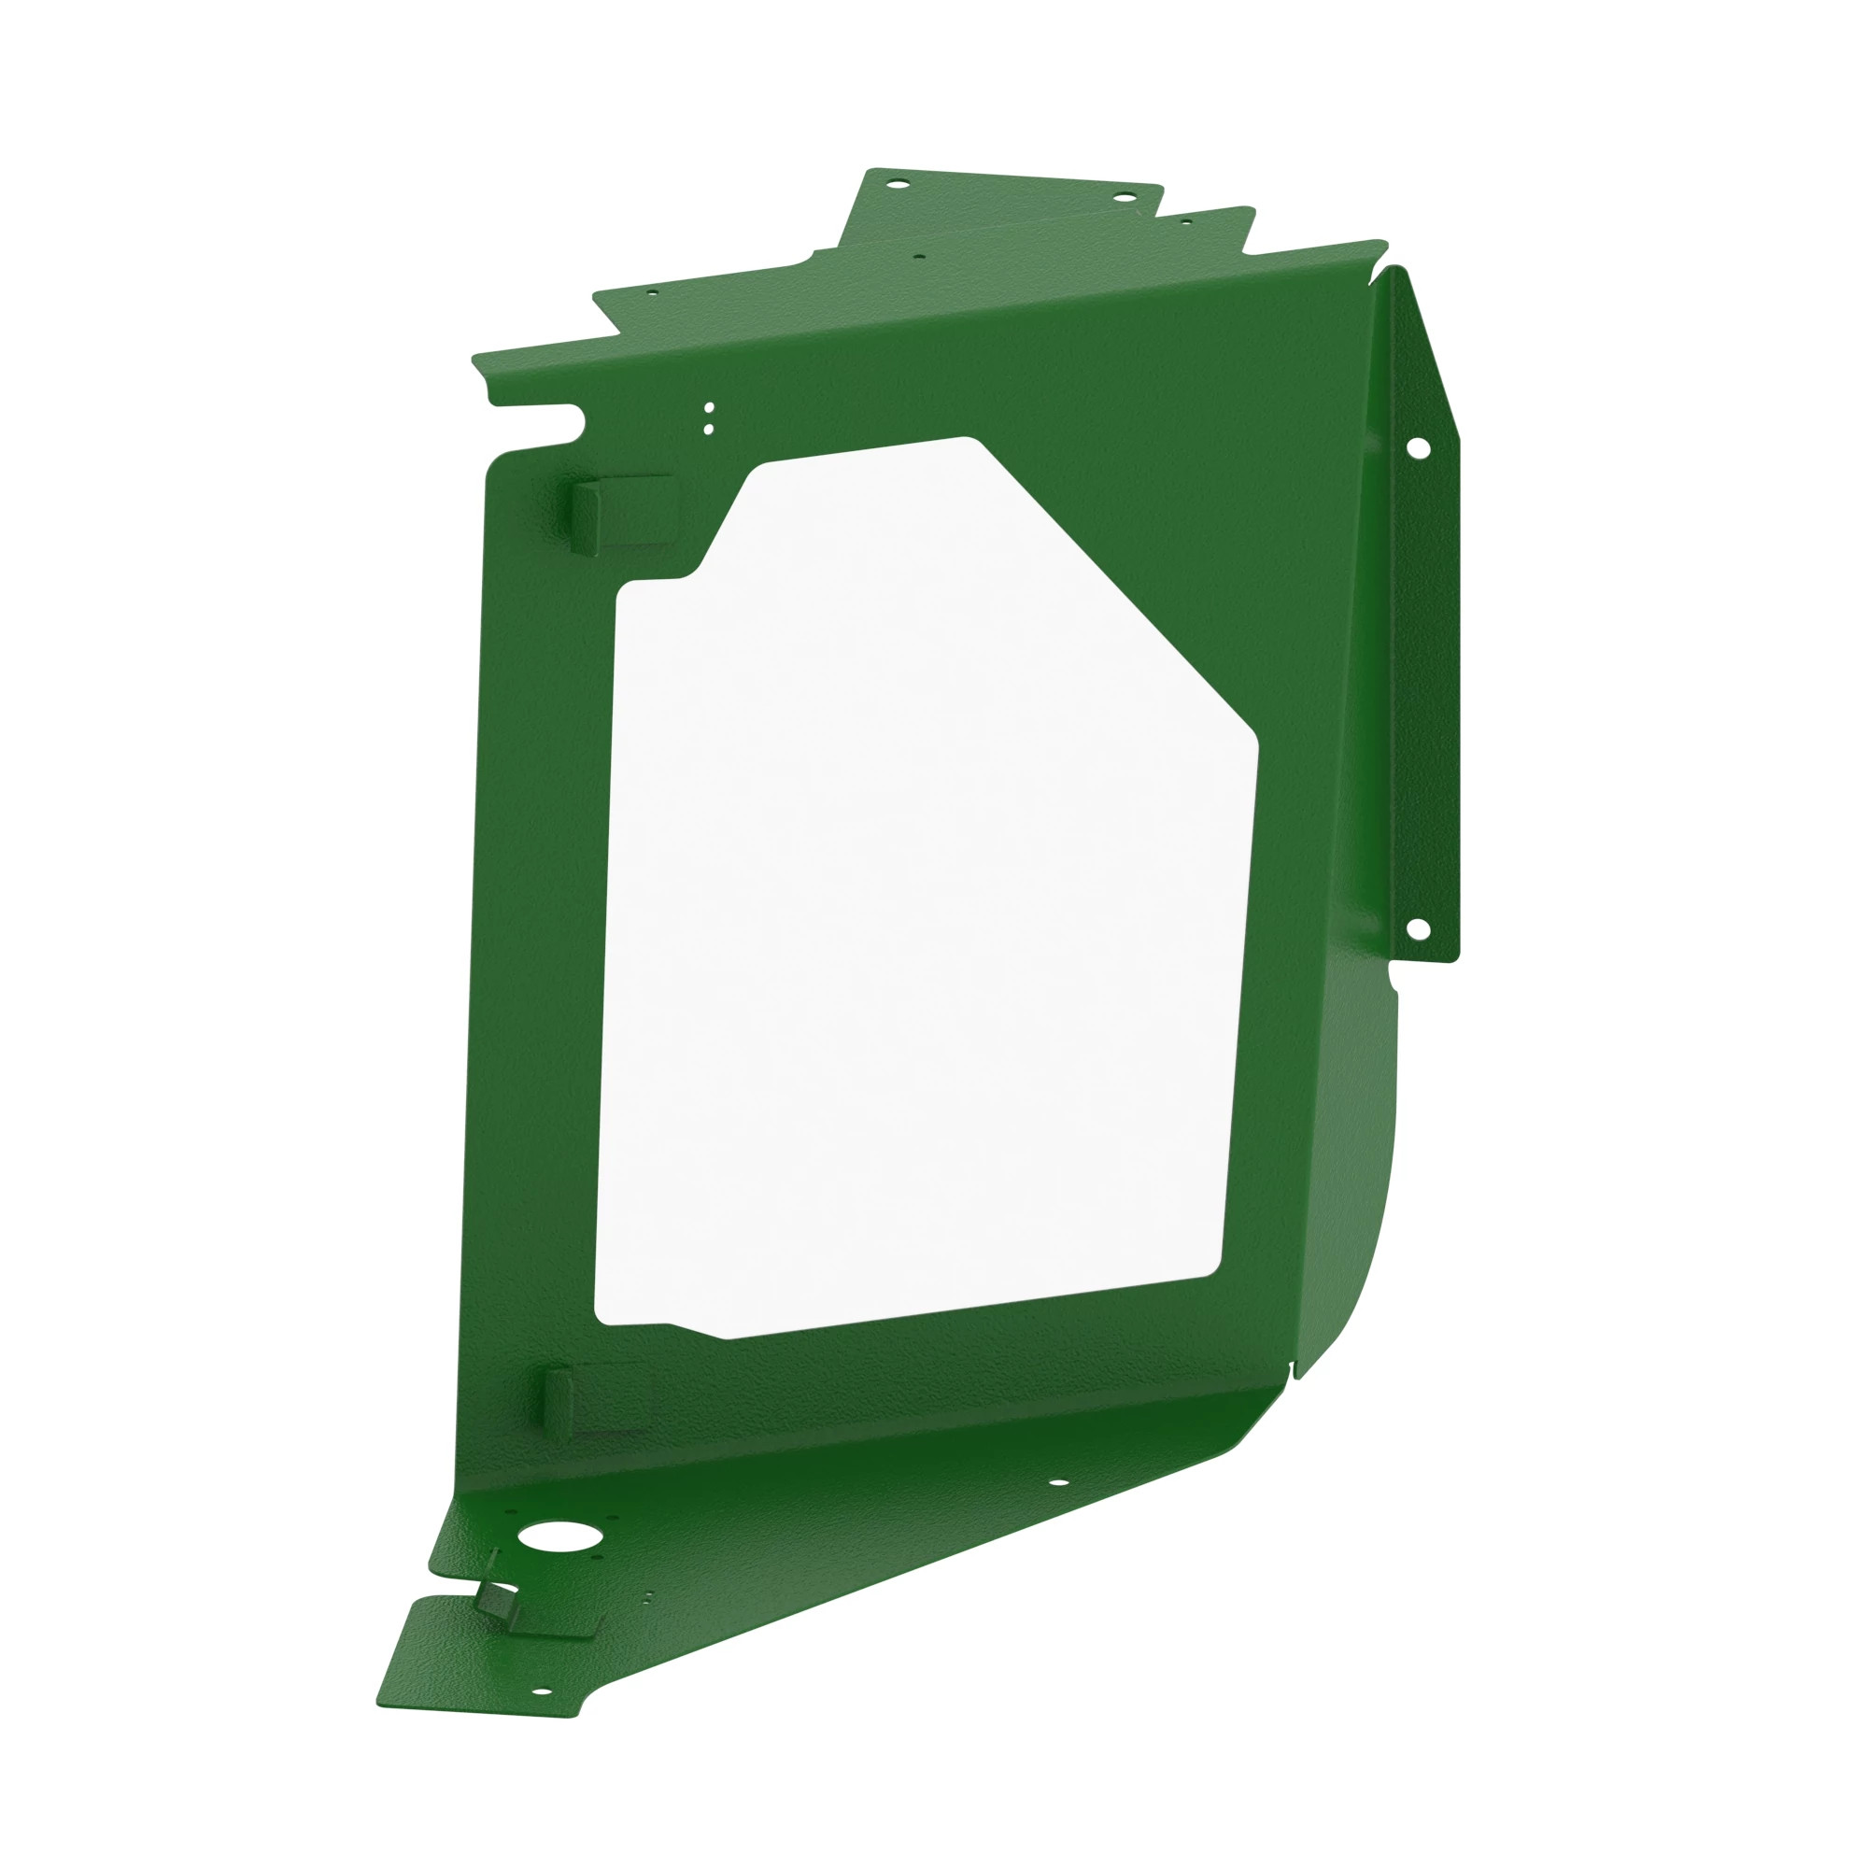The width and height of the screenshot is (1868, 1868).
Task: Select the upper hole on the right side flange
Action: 1419,447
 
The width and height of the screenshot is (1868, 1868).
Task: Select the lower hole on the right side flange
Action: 1418,928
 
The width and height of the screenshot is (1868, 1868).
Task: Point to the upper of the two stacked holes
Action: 709,407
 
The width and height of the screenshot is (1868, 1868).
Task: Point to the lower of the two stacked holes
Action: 709,428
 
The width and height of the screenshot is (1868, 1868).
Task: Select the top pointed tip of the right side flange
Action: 1394,271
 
